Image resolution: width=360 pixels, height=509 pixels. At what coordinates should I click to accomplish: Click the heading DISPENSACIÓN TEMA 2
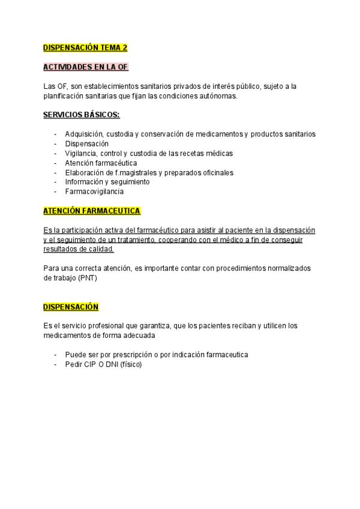[x=85, y=48]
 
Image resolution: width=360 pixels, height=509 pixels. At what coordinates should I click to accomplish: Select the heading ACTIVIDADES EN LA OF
[x=86, y=67]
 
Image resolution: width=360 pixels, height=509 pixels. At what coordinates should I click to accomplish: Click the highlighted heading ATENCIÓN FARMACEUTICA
[x=92, y=211]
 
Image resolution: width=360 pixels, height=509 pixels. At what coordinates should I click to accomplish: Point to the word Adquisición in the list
[x=85, y=134]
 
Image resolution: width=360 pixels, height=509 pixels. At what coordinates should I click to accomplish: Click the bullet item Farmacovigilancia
[x=94, y=191]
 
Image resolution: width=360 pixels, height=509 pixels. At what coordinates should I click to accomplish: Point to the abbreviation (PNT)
[x=86, y=279]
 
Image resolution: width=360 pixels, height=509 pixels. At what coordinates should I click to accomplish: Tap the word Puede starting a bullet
[x=75, y=355]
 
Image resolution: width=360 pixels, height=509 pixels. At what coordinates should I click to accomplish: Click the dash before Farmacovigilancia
[x=56, y=191]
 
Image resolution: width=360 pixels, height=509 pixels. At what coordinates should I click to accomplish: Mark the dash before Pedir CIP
[x=56, y=364]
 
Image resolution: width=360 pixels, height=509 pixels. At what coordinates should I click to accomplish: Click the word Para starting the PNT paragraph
[x=52, y=269]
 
